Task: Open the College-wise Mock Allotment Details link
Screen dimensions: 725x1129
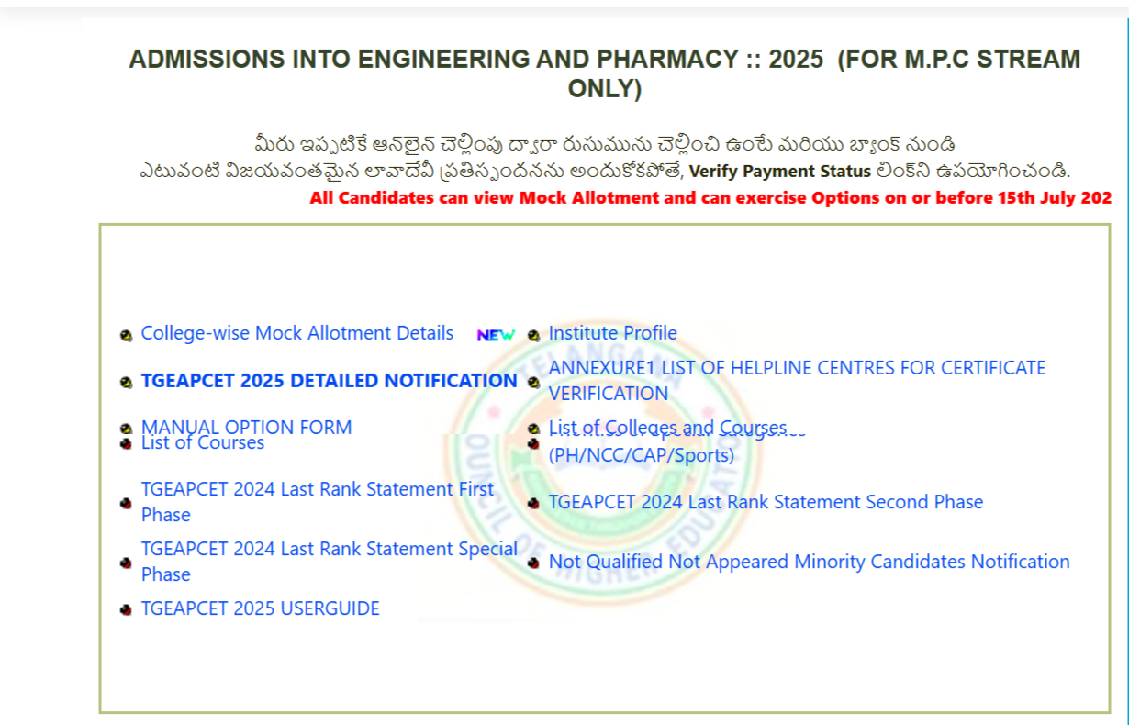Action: (296, 333)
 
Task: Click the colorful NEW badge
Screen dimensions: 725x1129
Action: (496, 336)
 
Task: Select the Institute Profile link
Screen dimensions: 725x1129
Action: (612, 333)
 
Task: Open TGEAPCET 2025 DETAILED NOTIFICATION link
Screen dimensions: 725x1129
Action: (329, 381)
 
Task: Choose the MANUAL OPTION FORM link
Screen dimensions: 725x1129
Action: (246, 426)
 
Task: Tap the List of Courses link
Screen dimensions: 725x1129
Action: (203, 444)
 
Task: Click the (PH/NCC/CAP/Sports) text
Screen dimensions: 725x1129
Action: (641, 455)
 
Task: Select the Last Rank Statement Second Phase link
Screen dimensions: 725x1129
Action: (766, 502)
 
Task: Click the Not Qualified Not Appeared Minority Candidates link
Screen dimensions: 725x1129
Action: (809, 562)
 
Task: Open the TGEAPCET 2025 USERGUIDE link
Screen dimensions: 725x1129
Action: (260, 608)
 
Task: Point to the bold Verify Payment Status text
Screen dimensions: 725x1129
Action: (779, 172)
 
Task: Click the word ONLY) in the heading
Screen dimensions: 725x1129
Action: (604, 89)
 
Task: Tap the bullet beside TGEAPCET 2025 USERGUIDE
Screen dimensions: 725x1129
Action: (126, 609)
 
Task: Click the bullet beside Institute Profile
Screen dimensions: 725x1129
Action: (533, 335)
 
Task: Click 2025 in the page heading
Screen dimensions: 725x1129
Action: (796, 60)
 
